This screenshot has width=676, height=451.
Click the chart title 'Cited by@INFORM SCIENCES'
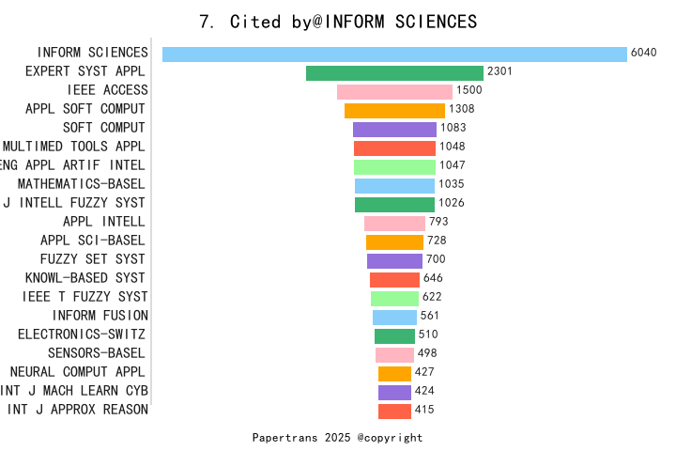pyautogui.click(x=338, y=22)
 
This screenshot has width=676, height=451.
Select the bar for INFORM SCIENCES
pyautogui.click(x=394, y=54)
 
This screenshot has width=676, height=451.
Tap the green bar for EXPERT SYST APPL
pyautogui.click(x=394, y=72)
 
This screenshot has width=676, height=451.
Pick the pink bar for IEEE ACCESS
pyautogui.click(x=394, y=91)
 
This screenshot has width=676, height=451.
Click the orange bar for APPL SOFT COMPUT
pyautogui.click(x=394, y=110)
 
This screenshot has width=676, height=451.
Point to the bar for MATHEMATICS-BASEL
pyautogui.click(x=394, y=185)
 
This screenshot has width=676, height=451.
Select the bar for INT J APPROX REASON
pyautogui.click(x=394, y=411)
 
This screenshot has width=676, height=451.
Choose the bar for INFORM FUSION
pyautogui.click(x=394, y=317)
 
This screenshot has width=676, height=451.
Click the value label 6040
pyautogui.click(x=644, y=53)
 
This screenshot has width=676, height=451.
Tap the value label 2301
pyautogui.click(x=499, y=71)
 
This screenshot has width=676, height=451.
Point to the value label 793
pyautogui.click(x=438, y=222)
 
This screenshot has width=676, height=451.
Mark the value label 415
pyautogui.click(x=423, y=410)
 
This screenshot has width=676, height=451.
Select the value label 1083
pyautogui.click(x=453, y=128)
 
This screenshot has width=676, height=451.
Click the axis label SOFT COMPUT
pyautogui.click(x=103, y=128)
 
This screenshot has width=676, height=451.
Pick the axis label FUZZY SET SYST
pyautogui.click(x=92, y=259)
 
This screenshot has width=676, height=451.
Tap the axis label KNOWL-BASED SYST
pyautogui.click(x=84, y=278)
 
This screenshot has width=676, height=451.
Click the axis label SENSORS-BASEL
pyautogui.click(x=96, y=353)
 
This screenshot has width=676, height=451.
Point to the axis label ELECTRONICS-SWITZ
pyautogui.click(x=81, y=334)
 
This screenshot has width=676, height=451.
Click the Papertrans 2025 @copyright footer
pyautogui.click(x=338, y=438)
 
